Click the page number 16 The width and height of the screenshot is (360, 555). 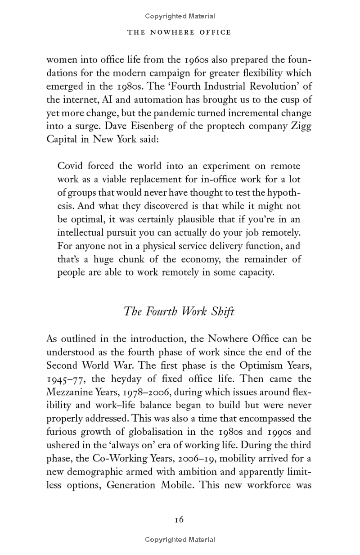pos(179,519)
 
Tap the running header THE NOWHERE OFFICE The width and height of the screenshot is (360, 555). pos(180,32)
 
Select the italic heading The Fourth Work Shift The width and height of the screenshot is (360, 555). pos(179,311)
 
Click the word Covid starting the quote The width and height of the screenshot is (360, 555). pos(71,166)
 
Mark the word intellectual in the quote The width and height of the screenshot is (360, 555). pos(81,233)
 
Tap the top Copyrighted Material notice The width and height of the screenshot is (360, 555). pos(180,16)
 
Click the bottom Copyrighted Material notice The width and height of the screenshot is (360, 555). pos(180,540)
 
